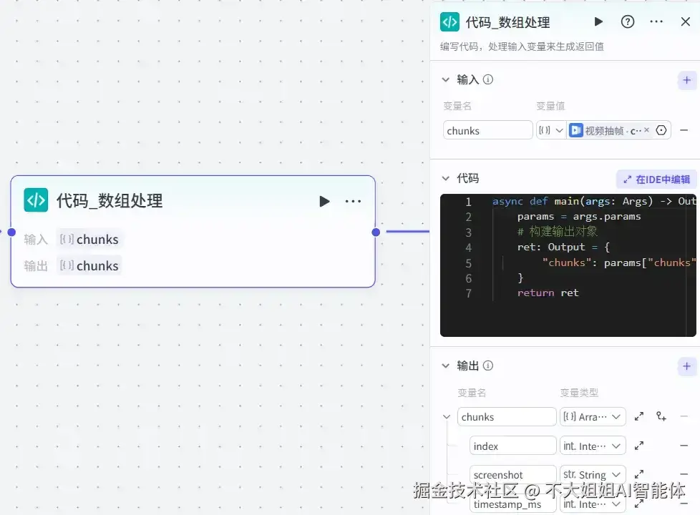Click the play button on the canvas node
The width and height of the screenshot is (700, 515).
tap(324, 201)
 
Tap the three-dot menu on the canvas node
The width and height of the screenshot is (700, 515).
tap(353, 201)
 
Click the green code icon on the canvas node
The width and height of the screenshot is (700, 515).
tap(36, 200)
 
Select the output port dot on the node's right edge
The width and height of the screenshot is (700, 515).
tap(376, 232)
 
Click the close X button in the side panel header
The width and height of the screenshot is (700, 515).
tap(685, 21)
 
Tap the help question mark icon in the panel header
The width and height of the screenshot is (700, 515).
tap(628, 21)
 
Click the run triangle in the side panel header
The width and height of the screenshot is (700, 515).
tap(598, 21)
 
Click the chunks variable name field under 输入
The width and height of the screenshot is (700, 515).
tap(487, 130)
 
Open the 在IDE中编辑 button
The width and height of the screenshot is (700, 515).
tap(657, 179)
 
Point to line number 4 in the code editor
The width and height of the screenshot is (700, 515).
tap(468, 247)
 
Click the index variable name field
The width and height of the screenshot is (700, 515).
tap(512, 446)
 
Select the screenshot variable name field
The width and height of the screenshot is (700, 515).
tap(512, 475)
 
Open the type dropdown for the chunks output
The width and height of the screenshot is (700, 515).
tap(593, 416)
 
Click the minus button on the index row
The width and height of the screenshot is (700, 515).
tap(684, 446)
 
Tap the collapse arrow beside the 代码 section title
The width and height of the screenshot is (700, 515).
tap(446, 178)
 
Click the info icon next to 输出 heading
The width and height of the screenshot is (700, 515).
tap(488, 366)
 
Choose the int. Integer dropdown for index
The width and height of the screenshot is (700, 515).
tap(593, 446)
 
